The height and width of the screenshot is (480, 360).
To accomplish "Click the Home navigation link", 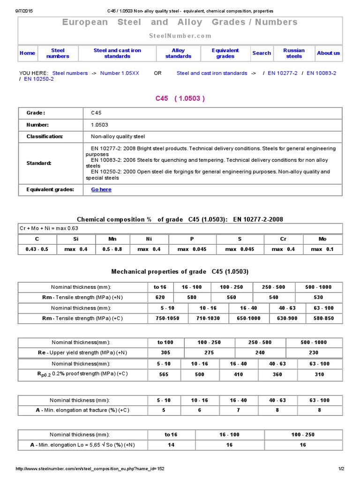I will pyautogui.click(x=27, y=53).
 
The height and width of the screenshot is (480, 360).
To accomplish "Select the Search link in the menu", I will pyautogui.click(x=262, y=53).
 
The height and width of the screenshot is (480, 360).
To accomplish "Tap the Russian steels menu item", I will pyautogui.click(x=294, y=53).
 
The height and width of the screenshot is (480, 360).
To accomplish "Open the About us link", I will pyautogui.click(x=328, y=53).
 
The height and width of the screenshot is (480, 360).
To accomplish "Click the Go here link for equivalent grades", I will pyautogui.click(x=101, y=189).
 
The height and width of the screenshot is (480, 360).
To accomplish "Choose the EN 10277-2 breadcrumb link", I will pyautogui.click(x=283, y=73).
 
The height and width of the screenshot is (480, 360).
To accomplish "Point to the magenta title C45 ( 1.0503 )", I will pyautogui.click(x=180, y=98).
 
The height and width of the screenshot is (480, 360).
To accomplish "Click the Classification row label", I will pyautogui.click(x=45, y=136).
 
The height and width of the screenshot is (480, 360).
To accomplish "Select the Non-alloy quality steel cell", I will pyautogui.click(x=118, y=136).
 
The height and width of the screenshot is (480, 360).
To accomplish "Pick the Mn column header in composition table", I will pyautogui.click(x=112, y=239).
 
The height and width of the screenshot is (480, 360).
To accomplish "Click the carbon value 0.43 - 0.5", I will pyautogui.click(x=37, y=249).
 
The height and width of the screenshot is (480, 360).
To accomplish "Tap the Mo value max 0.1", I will pyautogui.click(x=322, y=249).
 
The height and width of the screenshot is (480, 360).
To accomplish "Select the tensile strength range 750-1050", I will pyautogui.click(x=168, y=318).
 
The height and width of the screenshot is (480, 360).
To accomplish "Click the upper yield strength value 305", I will pyautogui.click(x=158, y=352).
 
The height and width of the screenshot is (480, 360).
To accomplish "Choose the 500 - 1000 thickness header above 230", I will pyautogui.click(x=314, y=342).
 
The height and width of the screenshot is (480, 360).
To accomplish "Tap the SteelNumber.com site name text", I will pyautogui.click(x=180, y=36).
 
